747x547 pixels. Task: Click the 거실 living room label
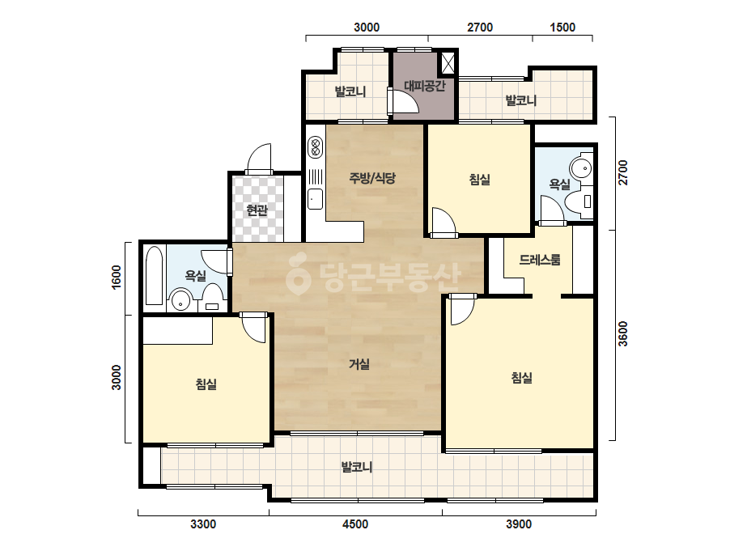click(359, 364)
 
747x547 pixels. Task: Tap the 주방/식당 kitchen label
click(372, 178)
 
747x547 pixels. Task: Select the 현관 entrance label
click(257, 210)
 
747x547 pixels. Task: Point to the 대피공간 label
click(425, 86)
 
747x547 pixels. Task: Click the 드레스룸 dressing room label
click(539, 260)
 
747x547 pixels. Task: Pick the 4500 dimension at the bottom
click(355, 524)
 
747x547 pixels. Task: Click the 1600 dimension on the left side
click(117, 277)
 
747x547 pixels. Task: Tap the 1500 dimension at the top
click(562, 28)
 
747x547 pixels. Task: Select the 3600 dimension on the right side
click(622, 334)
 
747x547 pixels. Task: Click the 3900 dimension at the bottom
click(519, 524)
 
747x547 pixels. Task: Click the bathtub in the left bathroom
click(154, 275)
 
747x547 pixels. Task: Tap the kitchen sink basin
click(315, 199)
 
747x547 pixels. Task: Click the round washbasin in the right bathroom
click(581, 168)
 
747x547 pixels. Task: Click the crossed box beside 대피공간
click(448, 63)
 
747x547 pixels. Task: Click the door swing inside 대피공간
click(405, 101)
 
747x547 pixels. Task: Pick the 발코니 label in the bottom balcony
click(356, 467)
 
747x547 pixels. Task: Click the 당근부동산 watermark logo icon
click(298, 274)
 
